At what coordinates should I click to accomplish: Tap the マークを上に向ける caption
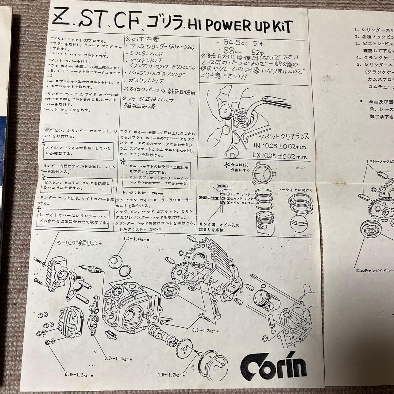[295, 190]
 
